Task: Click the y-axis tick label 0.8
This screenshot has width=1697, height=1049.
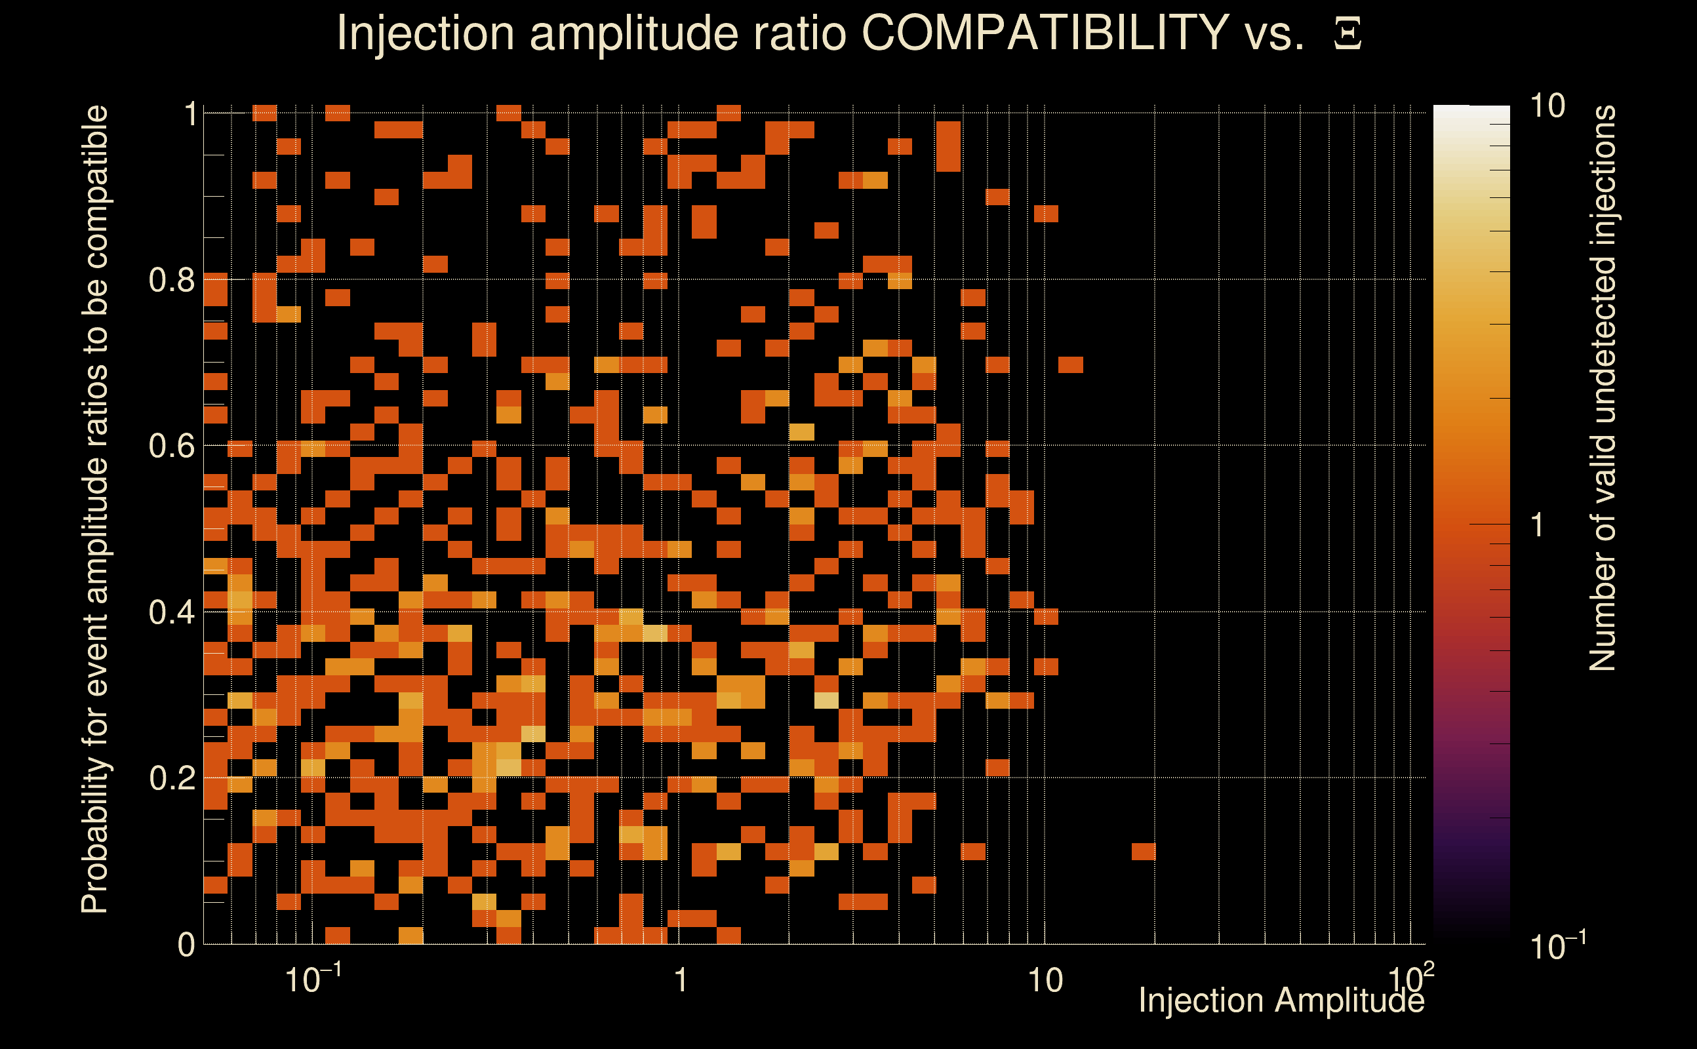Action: coord(172,281)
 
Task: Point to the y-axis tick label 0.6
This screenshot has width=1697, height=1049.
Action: coord(172,446)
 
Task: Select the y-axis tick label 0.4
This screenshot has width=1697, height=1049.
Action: coord(172,612)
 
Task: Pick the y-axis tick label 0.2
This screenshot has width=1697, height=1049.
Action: coord(172,778)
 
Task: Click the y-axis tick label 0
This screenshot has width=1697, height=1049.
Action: coord(186,945)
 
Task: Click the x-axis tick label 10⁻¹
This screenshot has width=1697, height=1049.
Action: coord(312,980)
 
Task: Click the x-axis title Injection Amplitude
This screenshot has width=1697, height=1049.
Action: coord(1281,1001)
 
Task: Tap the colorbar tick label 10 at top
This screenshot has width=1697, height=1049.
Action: coord(1547,107)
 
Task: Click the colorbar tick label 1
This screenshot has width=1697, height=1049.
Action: coord(1538,525)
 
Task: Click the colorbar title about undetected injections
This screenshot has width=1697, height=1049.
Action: coord(1603,389)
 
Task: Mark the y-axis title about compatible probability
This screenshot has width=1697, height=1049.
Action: coord(95,510)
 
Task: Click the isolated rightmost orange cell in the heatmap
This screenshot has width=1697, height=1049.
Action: coord(1144,851)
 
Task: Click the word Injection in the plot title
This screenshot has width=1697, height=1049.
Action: coord(426,33)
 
